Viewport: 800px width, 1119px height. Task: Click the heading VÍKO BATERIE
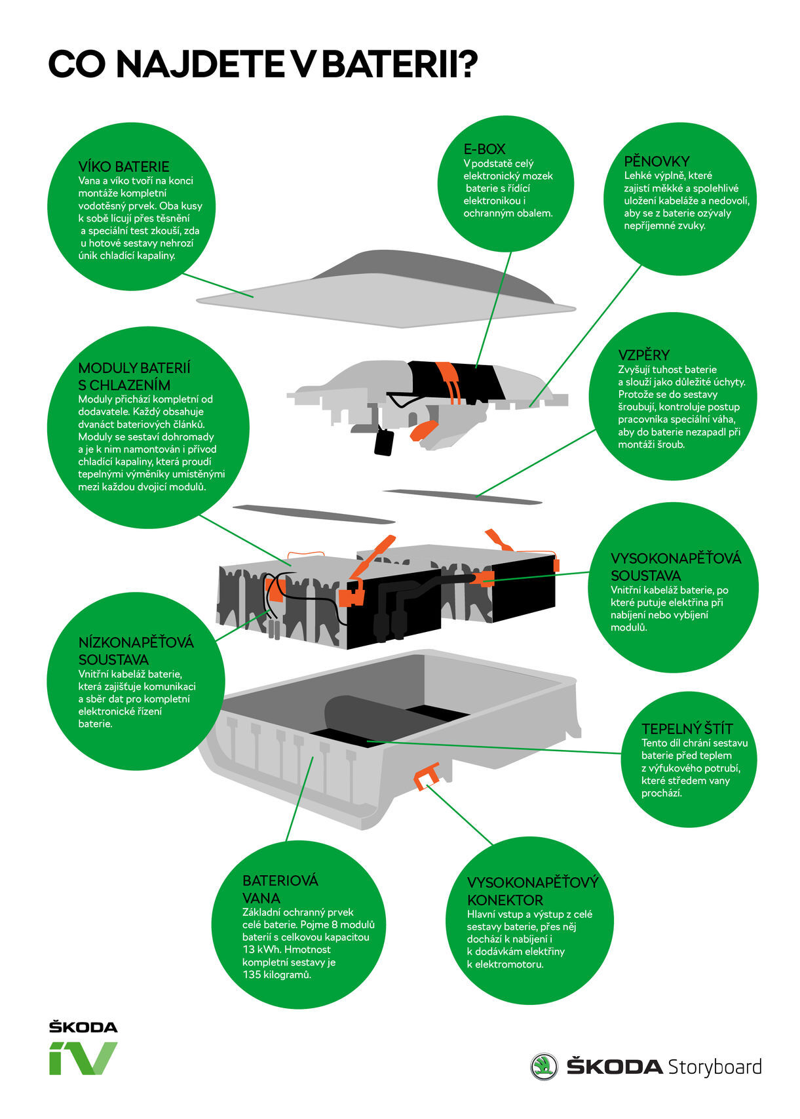coord(123,167)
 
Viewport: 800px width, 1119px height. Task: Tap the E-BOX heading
coord(484,149)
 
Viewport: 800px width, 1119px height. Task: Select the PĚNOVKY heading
coord(657,161)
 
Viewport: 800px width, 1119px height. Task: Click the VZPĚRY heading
coord(643,355)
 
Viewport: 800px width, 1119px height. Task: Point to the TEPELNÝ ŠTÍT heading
coord(687,729)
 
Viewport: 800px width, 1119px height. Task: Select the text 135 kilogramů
coord(276,975)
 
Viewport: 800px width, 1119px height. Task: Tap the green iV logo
coord(83,1057)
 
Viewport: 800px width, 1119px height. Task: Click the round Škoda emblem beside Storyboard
coord(543,1067)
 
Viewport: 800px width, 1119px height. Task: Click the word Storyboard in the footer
coord(714,1067)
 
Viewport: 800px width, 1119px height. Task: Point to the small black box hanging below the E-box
coord(384,442)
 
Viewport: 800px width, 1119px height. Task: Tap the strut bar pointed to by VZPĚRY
coord(462,496)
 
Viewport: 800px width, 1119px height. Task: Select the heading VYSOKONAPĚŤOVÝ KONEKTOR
coord(532,891)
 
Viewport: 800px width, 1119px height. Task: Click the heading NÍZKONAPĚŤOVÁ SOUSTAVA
coord(136,650)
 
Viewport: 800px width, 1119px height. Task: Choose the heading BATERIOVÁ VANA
coord(280,889)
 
